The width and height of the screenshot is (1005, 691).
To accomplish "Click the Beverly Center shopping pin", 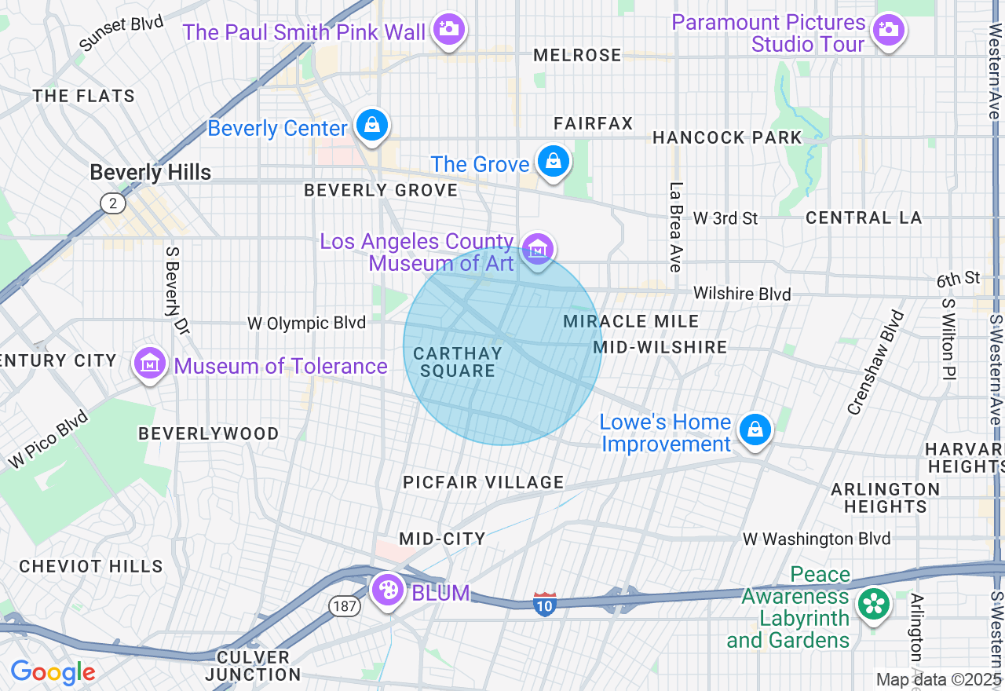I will pyautogui.click(x=372, y=125).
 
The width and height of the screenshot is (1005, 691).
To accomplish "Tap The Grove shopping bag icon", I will pyautogui.click(x=554, y=162).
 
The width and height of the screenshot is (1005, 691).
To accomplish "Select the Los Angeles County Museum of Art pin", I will pyautogui.click(x=538, y=250).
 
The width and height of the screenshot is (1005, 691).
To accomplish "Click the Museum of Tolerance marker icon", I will pyautogui.click(x=149, y=364).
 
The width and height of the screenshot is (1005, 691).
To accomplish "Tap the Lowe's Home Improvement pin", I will pyautogui.click(x=755, y=430).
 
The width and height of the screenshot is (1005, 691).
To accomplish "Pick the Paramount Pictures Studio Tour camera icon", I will pyautogui.click(x=889, y=31).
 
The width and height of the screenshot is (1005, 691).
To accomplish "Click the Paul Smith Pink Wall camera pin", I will pyautogui.click(x=449, y=30).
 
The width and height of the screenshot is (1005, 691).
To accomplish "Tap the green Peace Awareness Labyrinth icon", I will pyautogui.click(x=872, y=605).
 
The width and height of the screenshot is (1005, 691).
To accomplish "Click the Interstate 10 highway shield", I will pyautogui.click(x=545, y=603).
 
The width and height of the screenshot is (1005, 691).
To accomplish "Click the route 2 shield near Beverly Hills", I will pyautogui.click(x=113, y=203).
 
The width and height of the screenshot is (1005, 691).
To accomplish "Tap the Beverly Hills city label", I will pyautogui.click(x=150, y=173).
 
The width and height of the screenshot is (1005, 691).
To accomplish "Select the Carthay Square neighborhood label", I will pyautogui.click(x=457, y=362).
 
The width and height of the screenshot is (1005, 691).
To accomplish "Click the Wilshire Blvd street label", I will pyautogui.click(x=742, y=294).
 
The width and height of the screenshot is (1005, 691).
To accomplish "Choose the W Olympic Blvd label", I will pyautogui.click(x=306, y=323).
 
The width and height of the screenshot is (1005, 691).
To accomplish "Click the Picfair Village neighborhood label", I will pyautogui.click(x=483, y=482).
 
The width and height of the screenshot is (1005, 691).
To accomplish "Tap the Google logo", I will pyautogui.click(x=53, y=672).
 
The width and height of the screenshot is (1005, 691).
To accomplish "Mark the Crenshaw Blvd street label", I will pyautogui.click(x=875, y=361).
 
